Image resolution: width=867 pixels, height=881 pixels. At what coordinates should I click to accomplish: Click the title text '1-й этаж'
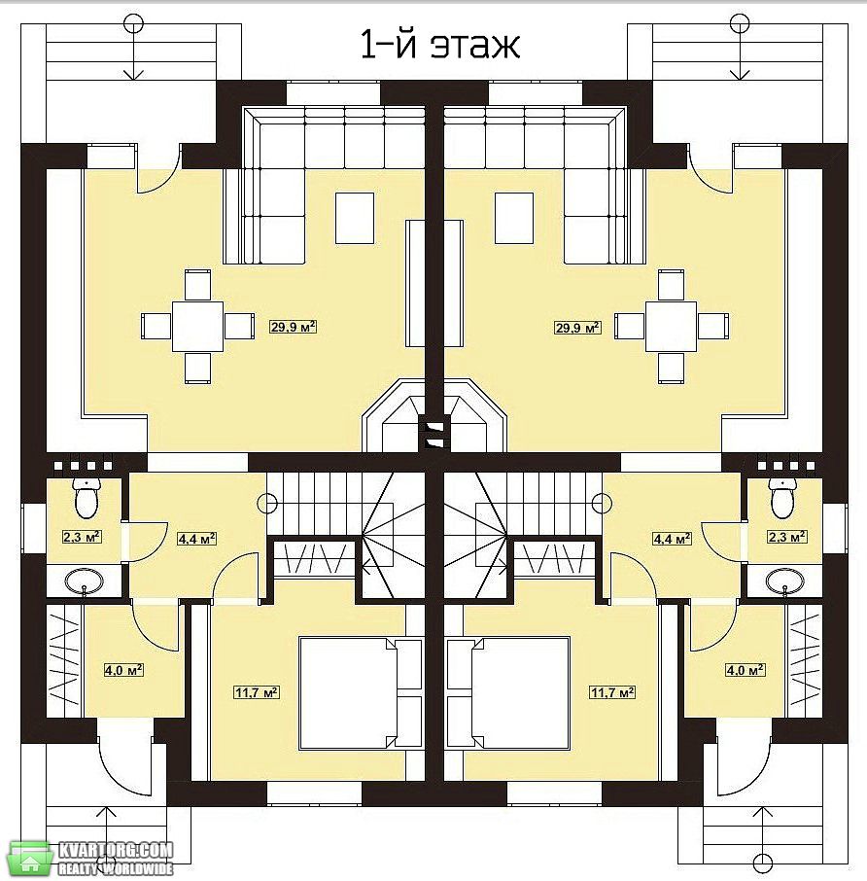coord(439,45)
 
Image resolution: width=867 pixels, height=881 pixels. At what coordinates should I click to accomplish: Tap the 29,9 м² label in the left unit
coord(294,327)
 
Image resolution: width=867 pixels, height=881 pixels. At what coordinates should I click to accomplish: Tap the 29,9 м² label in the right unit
coord(577,327)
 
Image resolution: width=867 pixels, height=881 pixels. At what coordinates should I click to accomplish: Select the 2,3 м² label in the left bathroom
coord(82,537)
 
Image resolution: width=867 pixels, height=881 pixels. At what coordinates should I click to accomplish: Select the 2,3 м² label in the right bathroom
coord(787,537)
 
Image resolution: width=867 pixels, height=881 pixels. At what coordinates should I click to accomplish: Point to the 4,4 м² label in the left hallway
coord(196,539)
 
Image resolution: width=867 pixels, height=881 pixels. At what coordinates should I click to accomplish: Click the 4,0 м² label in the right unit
coord(746,670)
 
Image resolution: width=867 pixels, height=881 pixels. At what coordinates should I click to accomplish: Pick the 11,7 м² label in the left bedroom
coord(257,691)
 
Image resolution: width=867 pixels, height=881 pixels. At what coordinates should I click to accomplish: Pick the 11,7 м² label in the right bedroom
coord(612,691)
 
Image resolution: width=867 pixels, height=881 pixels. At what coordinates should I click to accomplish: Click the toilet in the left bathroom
coord(86,497)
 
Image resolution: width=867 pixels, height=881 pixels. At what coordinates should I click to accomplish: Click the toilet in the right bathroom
coord(782,497)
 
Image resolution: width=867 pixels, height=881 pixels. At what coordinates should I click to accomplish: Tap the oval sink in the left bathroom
coord(85,581)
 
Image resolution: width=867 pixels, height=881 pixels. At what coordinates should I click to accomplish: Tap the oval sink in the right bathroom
coord(784,581)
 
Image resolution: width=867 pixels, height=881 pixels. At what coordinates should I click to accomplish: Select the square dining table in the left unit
coord(197,327)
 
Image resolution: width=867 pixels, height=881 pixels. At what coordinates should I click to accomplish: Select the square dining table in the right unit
coord(671,327)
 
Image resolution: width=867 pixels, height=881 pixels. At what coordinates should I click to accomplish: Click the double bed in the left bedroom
coord(361,692)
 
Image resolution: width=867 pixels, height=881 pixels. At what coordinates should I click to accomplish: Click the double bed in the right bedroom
coord(508,692)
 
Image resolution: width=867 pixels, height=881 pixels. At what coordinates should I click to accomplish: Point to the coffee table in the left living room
coord(355,218)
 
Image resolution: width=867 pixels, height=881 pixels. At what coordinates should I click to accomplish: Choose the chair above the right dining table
coord(671,285)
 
